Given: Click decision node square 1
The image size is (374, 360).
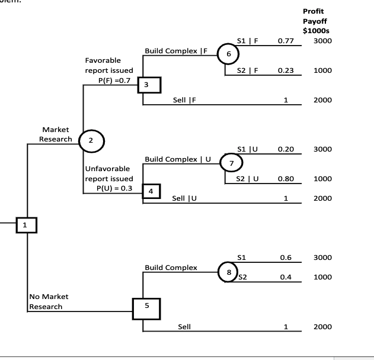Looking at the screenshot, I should [25, 225].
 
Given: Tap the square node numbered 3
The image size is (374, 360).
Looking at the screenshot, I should [146, 85].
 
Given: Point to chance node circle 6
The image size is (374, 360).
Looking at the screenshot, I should [228, 53].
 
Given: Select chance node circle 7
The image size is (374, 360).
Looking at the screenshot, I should [231, 162].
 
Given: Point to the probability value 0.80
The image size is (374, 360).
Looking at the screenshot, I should [286, 178].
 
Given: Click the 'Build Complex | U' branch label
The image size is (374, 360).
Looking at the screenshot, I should [178, 159].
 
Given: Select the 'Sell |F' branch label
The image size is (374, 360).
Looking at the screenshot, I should [184, 100].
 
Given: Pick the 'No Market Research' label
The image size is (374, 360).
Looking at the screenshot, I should [48, 301].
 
